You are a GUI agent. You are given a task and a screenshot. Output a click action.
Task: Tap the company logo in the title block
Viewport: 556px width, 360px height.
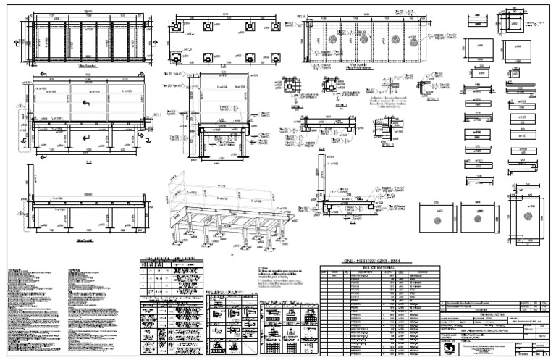(452, 346)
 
